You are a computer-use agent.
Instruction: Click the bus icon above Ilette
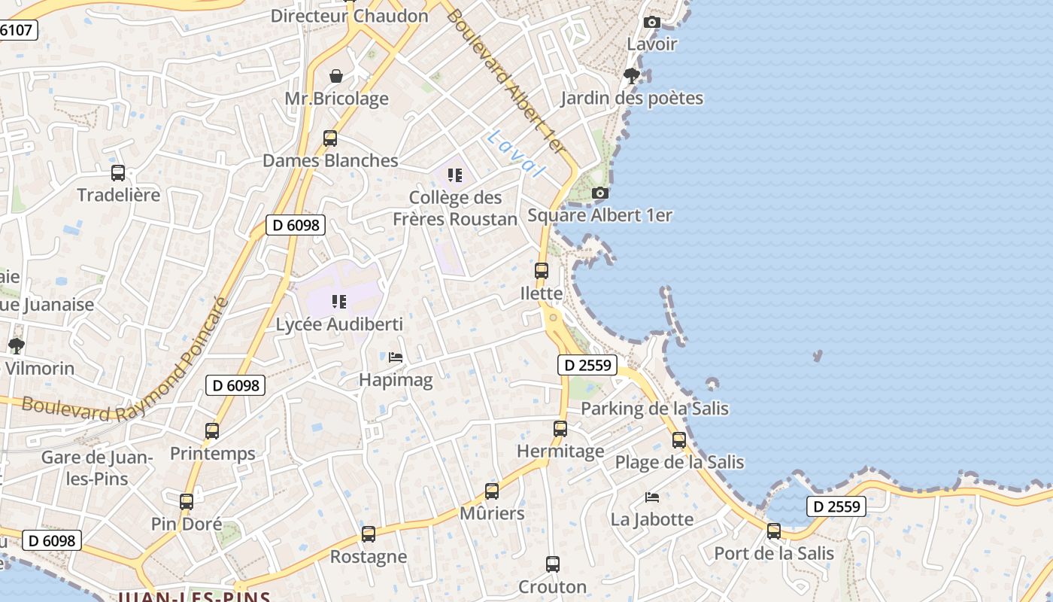click(x=542, y=271)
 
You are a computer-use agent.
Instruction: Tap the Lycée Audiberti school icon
click(x=339, y=302)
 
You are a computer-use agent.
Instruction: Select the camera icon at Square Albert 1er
click(x=599, y=193)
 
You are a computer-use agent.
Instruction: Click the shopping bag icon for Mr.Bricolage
click(x=336, y=76)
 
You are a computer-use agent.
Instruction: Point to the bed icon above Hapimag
click(x=396, y=357)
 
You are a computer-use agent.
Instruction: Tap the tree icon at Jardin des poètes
click(x=632, y=75)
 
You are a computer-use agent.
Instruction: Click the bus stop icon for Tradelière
click(x=118, y=173)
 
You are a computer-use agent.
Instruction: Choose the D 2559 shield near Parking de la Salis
click(x=587, y=366)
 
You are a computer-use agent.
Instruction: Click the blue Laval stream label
click(x=515, y=153)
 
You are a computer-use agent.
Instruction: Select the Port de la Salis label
click(x=774, y=554)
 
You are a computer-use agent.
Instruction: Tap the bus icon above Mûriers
click(x=492, y=491)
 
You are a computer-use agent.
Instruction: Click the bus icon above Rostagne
click(x=369, y=534)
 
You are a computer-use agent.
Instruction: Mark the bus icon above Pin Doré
click(x=187, y=501)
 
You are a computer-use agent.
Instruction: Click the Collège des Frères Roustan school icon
click(x=454, y=175)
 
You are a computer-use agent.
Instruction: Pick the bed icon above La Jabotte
click(x=652, y=497)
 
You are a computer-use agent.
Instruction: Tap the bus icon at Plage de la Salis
click(x=679, y=440)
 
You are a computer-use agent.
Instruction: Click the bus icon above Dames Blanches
click(x=330, y=138)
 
